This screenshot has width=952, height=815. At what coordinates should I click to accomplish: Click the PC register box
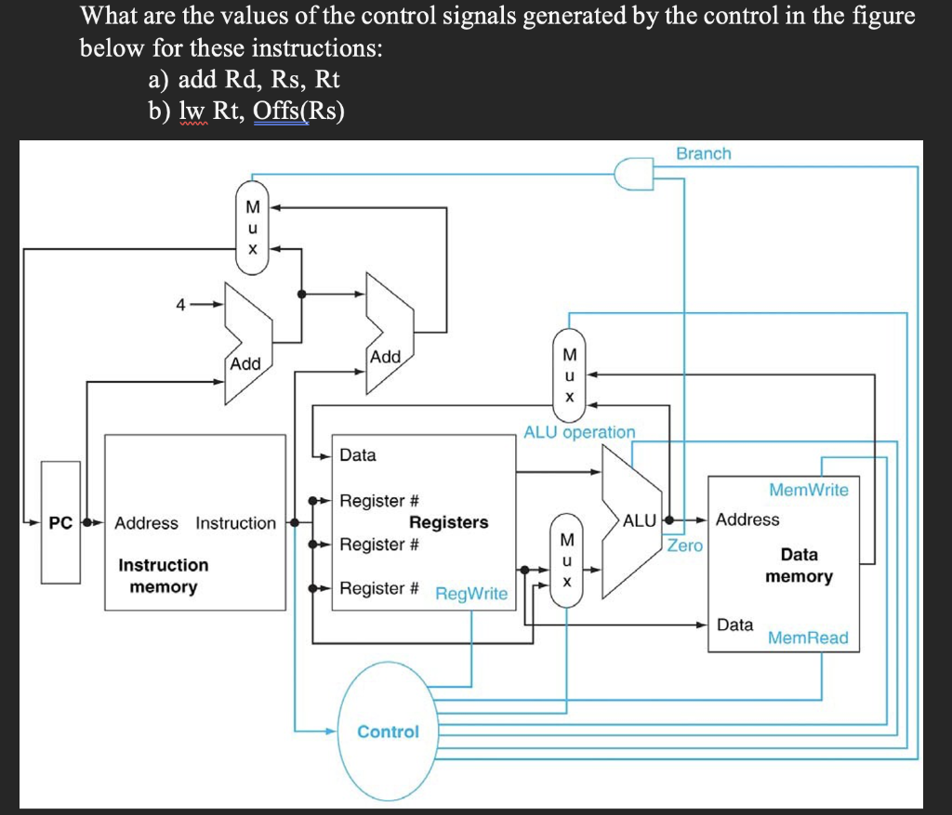(x=60, y=522)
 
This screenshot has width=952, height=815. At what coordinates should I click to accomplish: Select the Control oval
(x=388, y=731)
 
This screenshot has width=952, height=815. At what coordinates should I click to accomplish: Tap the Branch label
(x=703, y=153)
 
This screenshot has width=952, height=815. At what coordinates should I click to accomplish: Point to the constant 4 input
(x=183, y=304)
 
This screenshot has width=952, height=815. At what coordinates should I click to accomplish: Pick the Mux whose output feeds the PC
(x=251, y=228)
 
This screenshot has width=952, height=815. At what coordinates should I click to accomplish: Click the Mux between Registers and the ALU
(x=567, y=558)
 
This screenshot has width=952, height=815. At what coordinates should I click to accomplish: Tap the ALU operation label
(x=579, y=432)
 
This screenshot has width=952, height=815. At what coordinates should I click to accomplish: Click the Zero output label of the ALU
(x=685, y=546)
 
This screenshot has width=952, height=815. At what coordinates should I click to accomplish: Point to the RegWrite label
(x=471, y=593)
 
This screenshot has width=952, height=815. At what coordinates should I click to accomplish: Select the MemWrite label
(x=808, y=490)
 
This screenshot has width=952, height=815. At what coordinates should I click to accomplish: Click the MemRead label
(x=807, y=638)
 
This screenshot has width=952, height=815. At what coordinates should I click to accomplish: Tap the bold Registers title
(x=448, y=522)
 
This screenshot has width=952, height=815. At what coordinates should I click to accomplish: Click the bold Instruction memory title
(x=164, y=575)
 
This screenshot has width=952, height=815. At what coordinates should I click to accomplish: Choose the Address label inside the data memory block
(x=747, y=519)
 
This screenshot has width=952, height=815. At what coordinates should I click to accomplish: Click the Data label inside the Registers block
(x=358, y=455)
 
